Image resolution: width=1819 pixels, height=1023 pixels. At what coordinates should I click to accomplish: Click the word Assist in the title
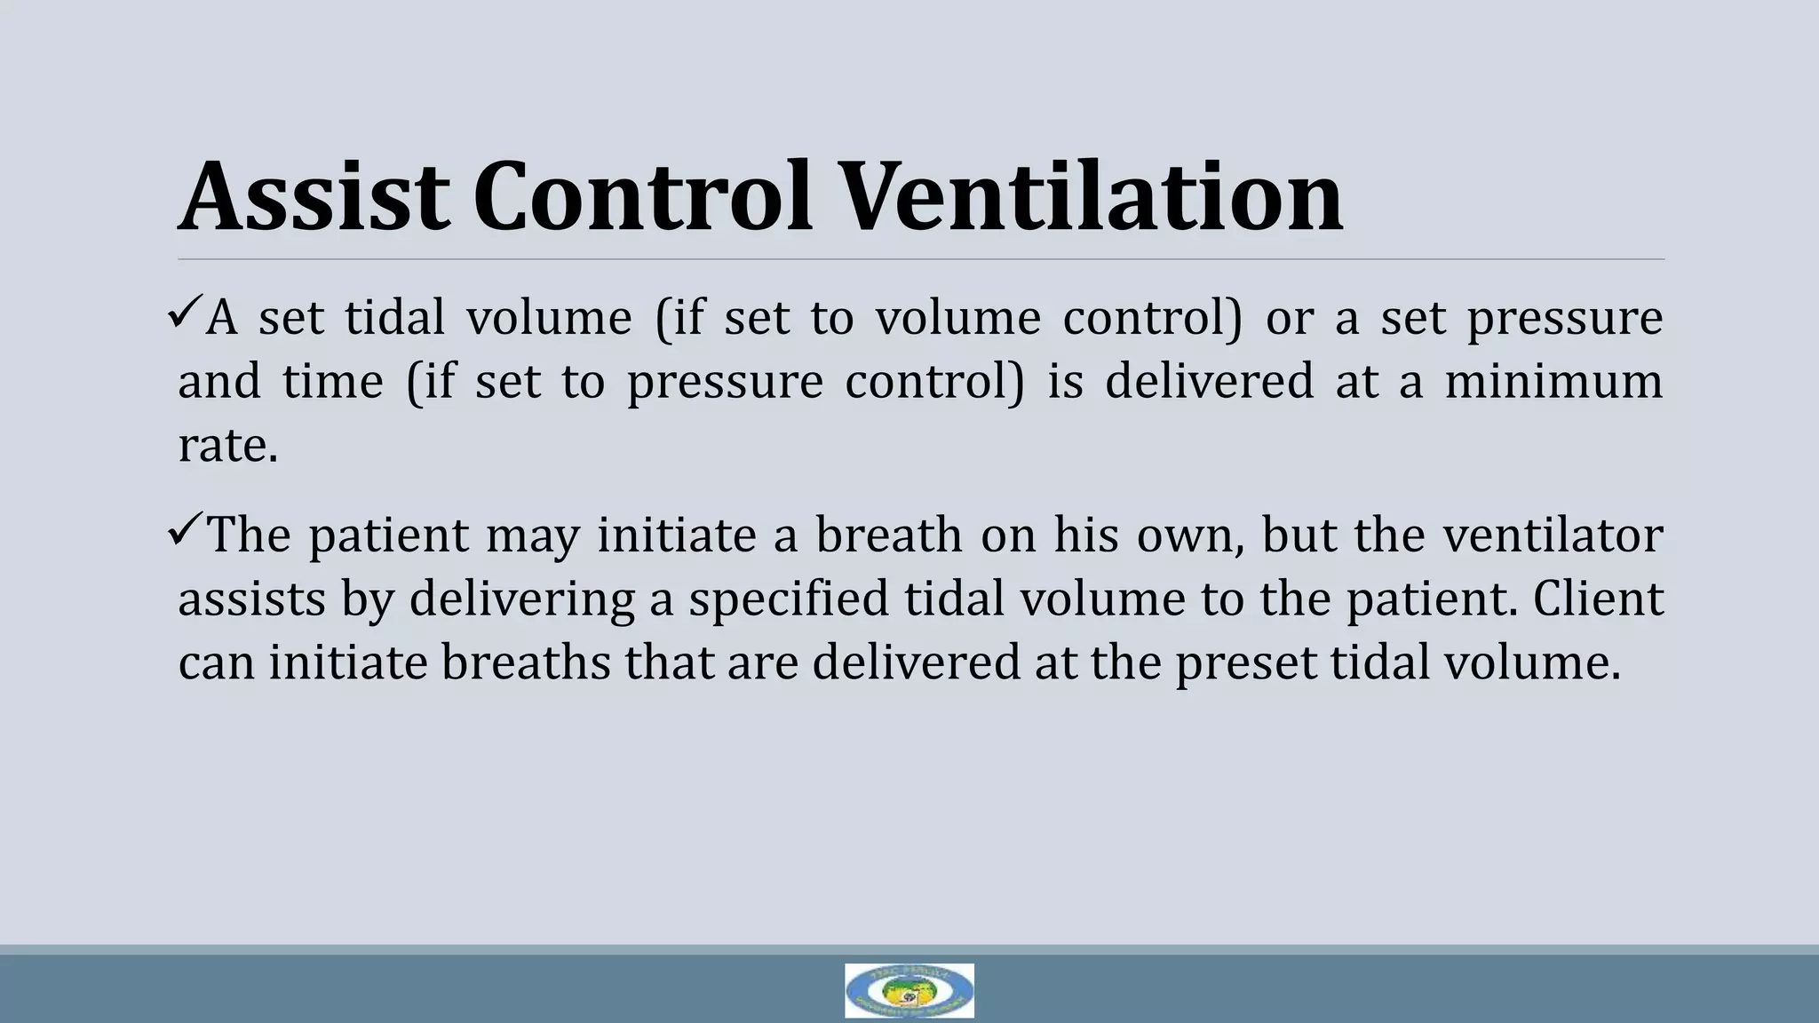pos(313,196)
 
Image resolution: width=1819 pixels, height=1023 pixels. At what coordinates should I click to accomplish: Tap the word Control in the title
pos(642,196)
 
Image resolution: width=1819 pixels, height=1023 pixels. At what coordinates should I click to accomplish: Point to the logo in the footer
pos(909,990)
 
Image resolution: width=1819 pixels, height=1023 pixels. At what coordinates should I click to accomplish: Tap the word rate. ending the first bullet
pos(227,446)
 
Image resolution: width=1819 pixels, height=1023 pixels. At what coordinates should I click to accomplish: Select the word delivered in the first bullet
pos(1209,382)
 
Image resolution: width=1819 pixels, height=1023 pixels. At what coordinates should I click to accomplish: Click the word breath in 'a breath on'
pos(888,535)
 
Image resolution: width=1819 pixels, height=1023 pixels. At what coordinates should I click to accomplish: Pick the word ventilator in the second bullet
pos(1553,535)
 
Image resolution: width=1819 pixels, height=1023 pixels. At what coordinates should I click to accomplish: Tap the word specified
pos(789,599)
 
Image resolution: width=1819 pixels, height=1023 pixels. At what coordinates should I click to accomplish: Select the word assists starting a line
pos(251,599)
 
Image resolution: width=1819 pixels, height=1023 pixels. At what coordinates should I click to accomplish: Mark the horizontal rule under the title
pos(920,259)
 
